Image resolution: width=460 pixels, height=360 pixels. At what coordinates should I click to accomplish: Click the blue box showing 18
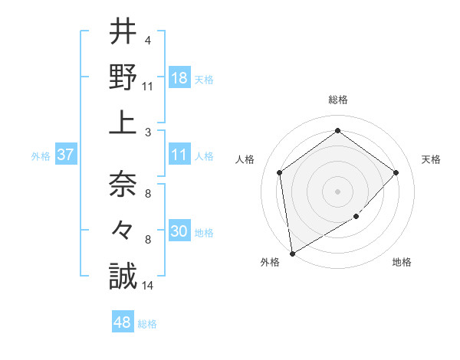[x=179, y=78]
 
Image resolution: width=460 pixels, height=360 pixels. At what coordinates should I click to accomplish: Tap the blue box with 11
[x=179, y=155]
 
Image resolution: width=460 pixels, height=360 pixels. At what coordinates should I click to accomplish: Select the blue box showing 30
[x=179, y=232]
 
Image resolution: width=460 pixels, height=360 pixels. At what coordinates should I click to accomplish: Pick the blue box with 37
[x=65, y=155]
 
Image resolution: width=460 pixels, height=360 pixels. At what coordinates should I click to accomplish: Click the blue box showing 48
[x=123, y=323]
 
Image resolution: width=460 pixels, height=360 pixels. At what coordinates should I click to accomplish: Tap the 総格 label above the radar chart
[x=338, y=100]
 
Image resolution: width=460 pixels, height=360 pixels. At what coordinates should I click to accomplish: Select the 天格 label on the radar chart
[x=431, y=159]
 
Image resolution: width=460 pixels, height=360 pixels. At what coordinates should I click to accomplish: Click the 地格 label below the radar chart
[x=402, y=262]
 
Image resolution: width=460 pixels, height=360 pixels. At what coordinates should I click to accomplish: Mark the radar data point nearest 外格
[x=292, y=253]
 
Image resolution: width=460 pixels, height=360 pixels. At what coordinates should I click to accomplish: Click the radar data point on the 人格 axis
[x=280, y=172]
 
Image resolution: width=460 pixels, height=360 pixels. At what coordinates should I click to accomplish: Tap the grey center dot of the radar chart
[x=337, y=191]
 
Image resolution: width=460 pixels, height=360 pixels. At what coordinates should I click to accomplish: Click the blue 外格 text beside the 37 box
[x=41, y=156]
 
